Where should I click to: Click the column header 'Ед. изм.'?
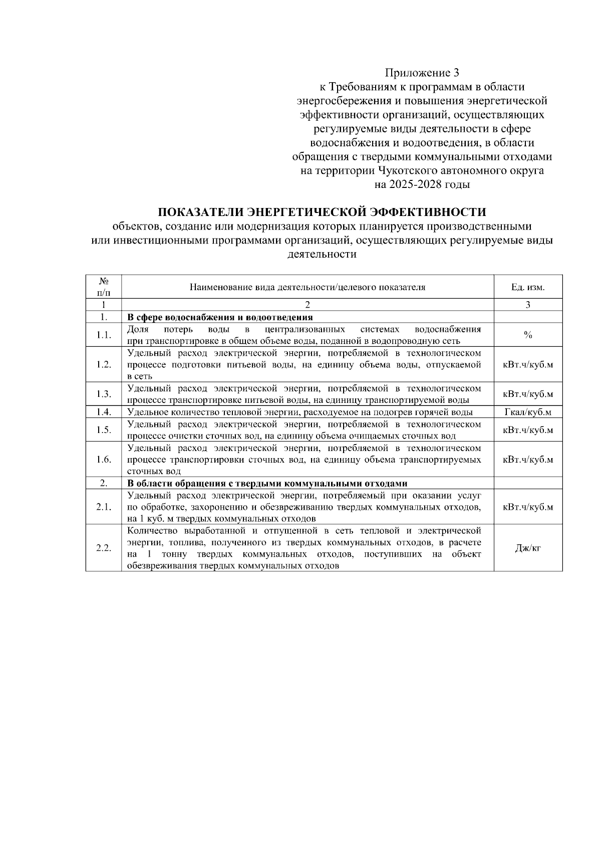(x=528, y=287)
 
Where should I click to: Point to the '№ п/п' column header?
(x=103, y=287)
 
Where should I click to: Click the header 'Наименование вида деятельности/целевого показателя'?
(x=308, y=287)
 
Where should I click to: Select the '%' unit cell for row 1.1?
(x=528, y=335)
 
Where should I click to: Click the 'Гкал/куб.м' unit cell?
(x=528, y=412)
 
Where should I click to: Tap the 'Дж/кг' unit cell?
(x=528, y=548)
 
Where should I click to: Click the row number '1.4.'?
(x=103, y=412)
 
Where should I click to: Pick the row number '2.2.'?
(x=103, y=548)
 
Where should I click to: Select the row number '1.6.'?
(x=103, y=460)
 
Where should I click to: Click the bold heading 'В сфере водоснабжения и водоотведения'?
(x=220, y=317)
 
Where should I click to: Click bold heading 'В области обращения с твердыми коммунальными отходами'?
(x=267, y=484)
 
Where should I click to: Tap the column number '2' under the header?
(x=308, y=305)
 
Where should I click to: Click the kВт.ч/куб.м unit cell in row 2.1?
(x=528, y=507)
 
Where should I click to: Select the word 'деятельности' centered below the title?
(x=322, y=254)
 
